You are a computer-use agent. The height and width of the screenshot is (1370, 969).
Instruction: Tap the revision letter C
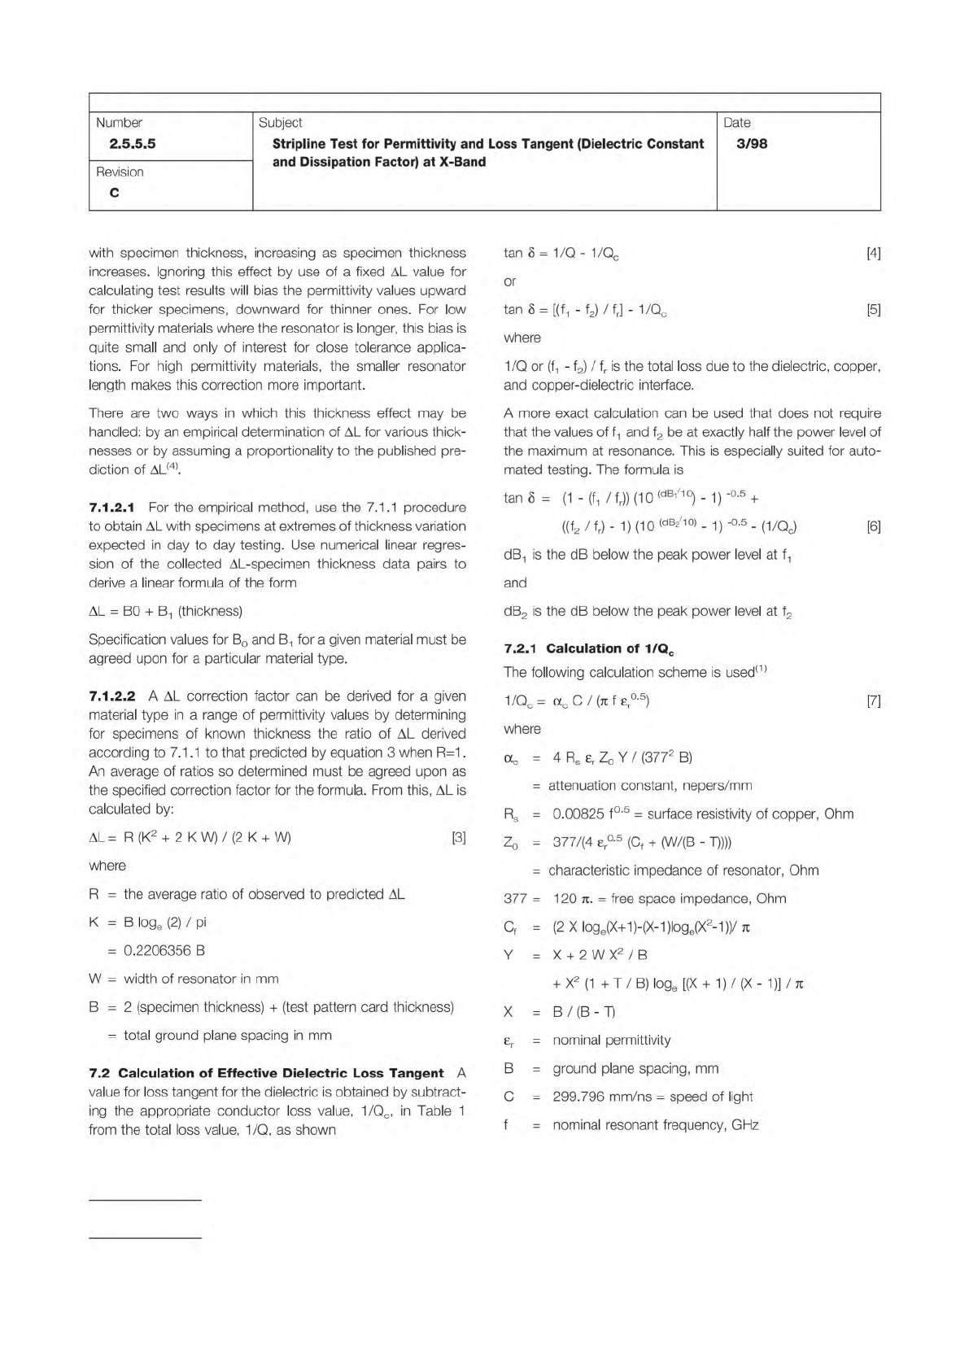click(114, 193)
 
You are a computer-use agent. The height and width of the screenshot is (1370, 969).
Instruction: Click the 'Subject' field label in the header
click(280, 123)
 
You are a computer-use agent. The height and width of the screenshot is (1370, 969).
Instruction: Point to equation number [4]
click(873, 253)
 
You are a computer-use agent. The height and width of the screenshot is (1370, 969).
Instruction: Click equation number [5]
click(873, 310)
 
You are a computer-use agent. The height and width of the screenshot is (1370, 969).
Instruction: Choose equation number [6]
click(873, 526)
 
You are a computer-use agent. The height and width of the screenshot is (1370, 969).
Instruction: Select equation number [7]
click(873, 701)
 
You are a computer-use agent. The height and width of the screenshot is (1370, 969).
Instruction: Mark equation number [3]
click(459, 838)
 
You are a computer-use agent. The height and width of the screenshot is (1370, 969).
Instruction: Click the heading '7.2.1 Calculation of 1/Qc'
click(588, 649)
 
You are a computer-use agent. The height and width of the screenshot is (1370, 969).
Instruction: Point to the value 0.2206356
click(155, 951)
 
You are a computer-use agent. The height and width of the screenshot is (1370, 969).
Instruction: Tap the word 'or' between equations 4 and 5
click(510, 281)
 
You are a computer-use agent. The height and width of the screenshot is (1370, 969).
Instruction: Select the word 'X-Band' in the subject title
click(460, 162)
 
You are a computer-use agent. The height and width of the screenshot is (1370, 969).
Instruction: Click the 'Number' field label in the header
click(119, 123)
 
